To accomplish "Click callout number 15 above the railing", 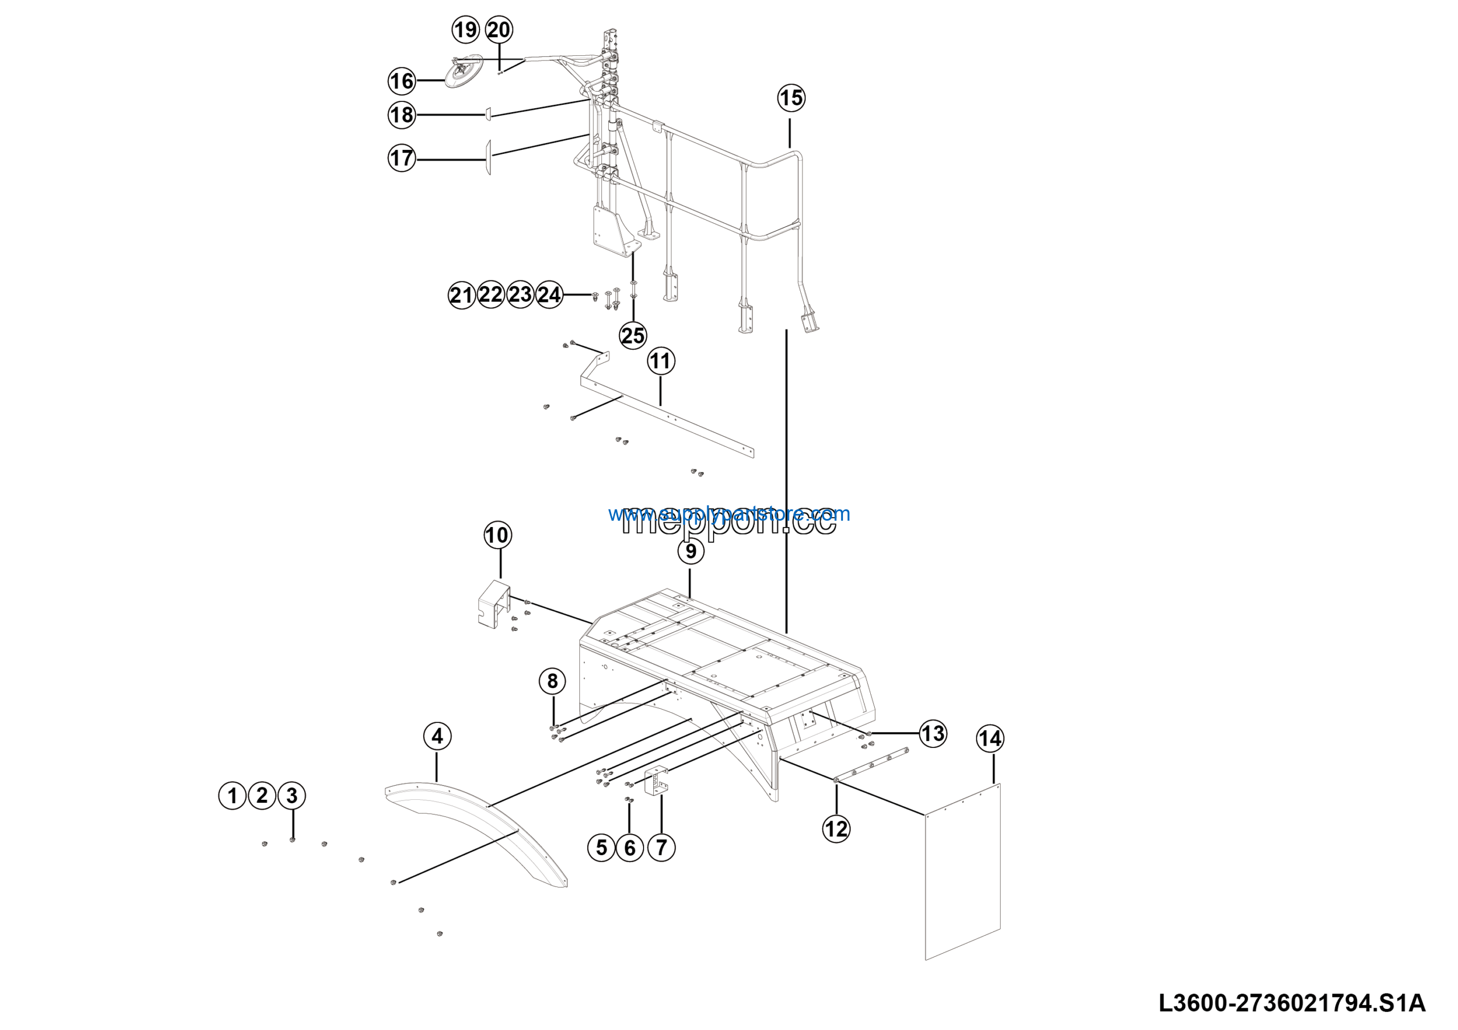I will click(791, 98).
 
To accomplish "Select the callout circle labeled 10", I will click(497, 535).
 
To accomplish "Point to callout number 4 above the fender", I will click(437, 736).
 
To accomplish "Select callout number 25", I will click(633, 336).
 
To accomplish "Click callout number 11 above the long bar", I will click(661, 361).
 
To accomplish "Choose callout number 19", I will click(465, 30).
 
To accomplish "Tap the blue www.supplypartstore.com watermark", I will click(728, 513).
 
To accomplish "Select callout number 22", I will click(491, 295).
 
